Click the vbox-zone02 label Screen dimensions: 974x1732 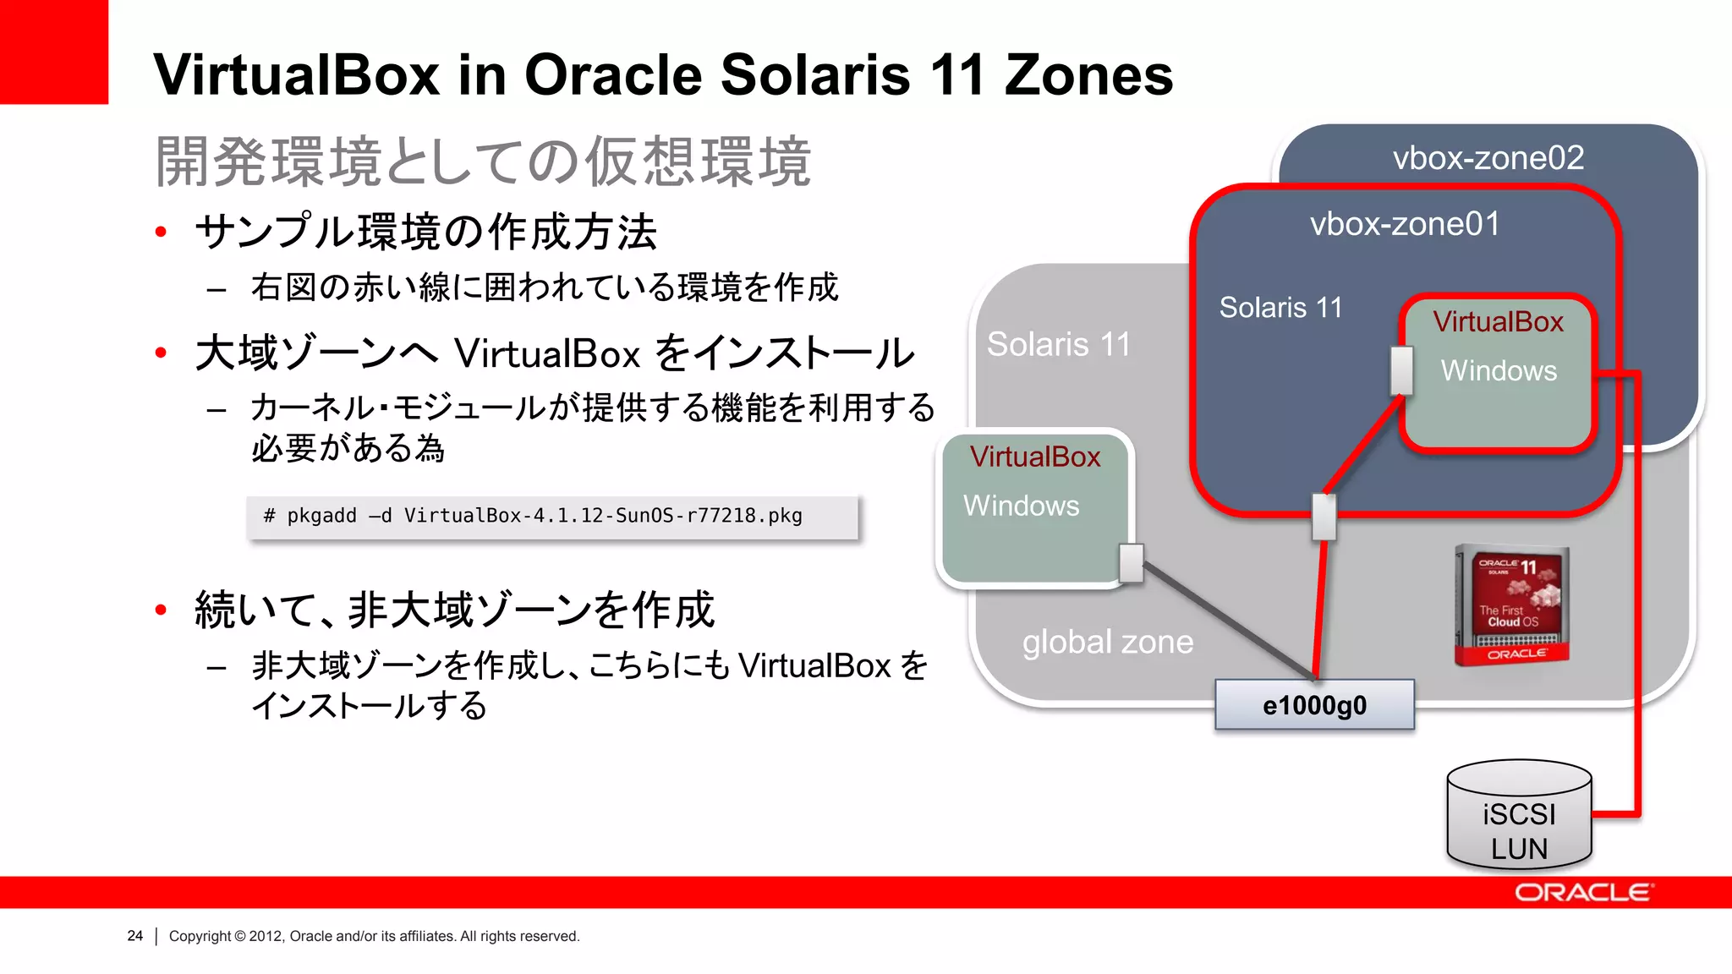tap(1488, 158)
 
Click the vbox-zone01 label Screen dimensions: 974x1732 tap(1405, 224)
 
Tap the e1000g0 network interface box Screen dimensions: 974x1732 tap(1314, 705)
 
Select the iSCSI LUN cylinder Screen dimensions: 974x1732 tap(1519, 817)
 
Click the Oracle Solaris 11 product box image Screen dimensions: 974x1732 tap(1512, 605)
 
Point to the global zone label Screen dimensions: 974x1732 tap(1107, 643)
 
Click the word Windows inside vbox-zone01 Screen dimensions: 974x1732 tap(1499, 371)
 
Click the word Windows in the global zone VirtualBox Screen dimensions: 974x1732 tap(1021, 506)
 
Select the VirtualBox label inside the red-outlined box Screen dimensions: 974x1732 tap(1498, 322)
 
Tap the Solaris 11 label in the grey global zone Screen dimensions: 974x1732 tap(1058, 345)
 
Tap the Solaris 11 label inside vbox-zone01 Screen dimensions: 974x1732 tap(1280, 308)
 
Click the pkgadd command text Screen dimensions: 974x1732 tap(533, 516)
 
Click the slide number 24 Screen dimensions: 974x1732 tap(134, 936)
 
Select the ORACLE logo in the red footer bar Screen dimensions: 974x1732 tap(1583, 893)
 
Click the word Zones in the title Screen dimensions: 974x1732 tap(1088, 75)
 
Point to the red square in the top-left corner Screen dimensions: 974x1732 tap(53, 51)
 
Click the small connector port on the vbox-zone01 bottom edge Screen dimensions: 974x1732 tap(1324, 517)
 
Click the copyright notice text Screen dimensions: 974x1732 tap(374, 936)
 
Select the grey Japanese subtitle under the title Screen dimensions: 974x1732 tap(483, 161)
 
